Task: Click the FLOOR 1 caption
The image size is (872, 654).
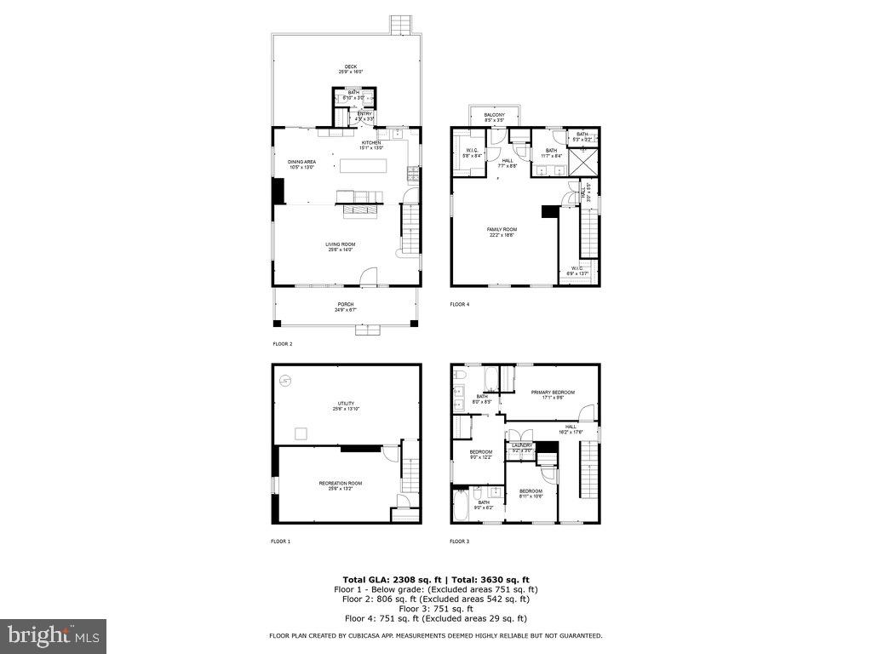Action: pyautogui.click(x=281, y=541)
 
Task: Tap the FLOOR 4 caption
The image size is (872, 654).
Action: pyautogui.click(x=460, y=304)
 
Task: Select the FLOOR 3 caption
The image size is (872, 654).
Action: pyautogui.click(x=460, y=541)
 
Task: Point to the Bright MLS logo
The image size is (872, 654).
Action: pyautogui.click(x=53, y=635)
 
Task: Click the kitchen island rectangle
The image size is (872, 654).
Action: pyautogui.click(x=364, y=166)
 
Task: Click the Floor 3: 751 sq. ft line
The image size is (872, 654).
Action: pyautogui.click(x=435, y=609)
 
